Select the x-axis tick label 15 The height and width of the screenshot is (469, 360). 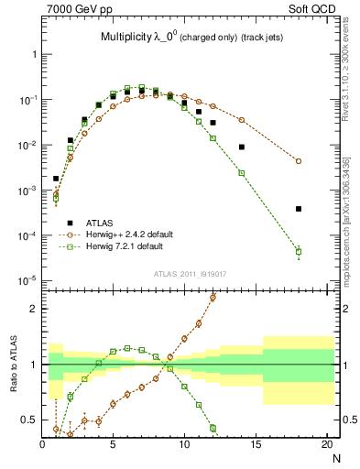pyautogui.click(x=256, y=444)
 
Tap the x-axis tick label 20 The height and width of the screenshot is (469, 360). pyautogui.click(x=327, y=444)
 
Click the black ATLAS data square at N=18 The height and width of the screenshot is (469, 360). pyautogui.click(x=299, y=209)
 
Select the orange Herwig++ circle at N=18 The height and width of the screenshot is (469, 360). pyautogui.click(x=299, y=161)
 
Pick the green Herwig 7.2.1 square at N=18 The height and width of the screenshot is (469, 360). pyautogui.click(x=299, y=251)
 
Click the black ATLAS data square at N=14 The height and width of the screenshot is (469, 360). pyautogui.click(x=242, y=147)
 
